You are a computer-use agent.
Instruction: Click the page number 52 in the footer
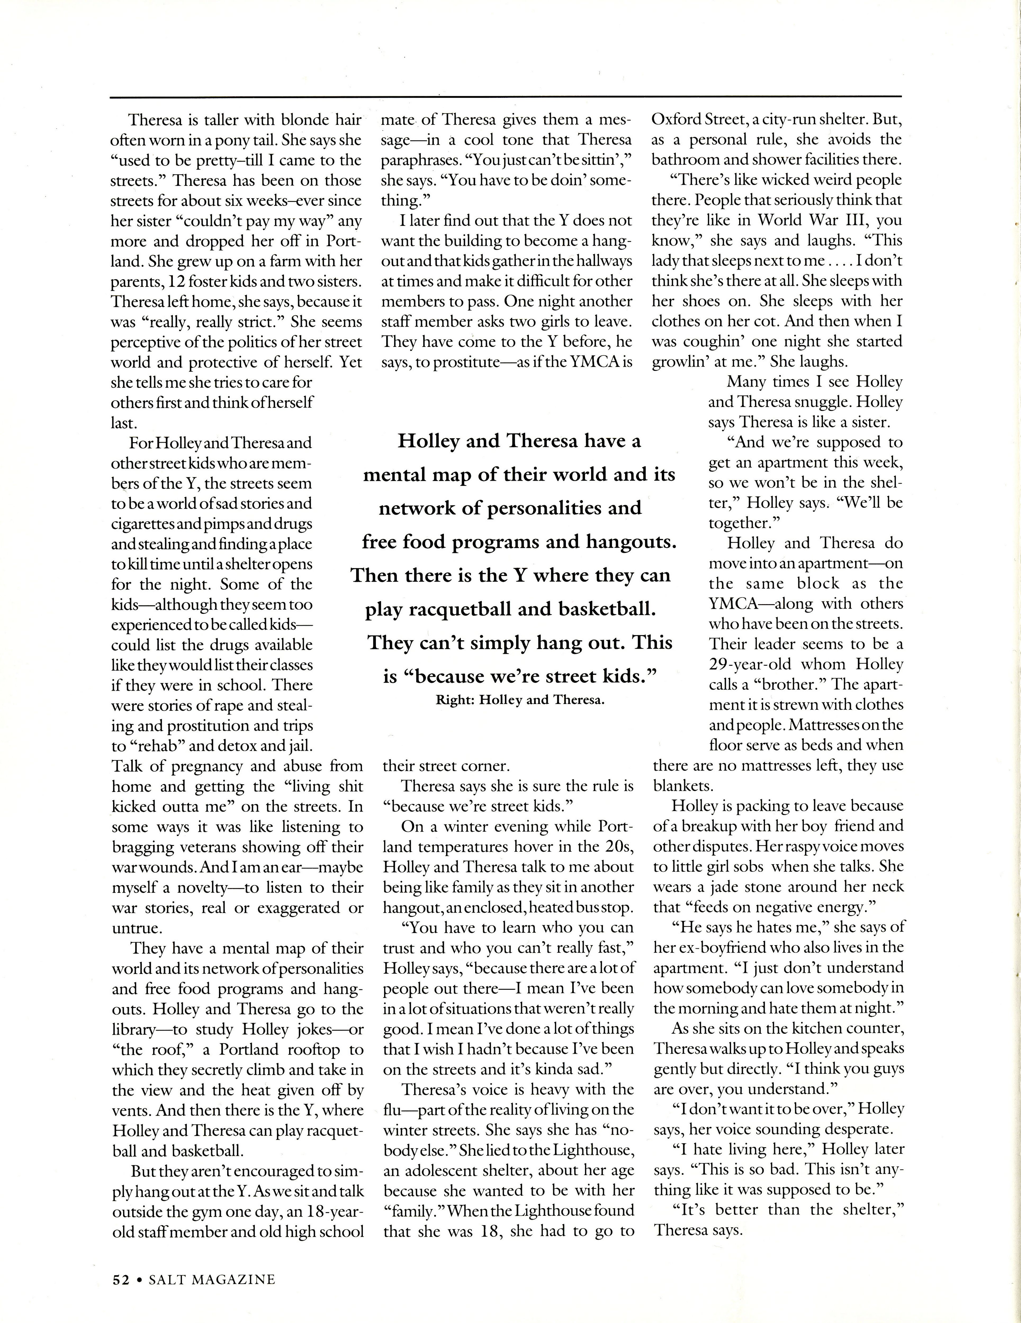(120, 1279)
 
